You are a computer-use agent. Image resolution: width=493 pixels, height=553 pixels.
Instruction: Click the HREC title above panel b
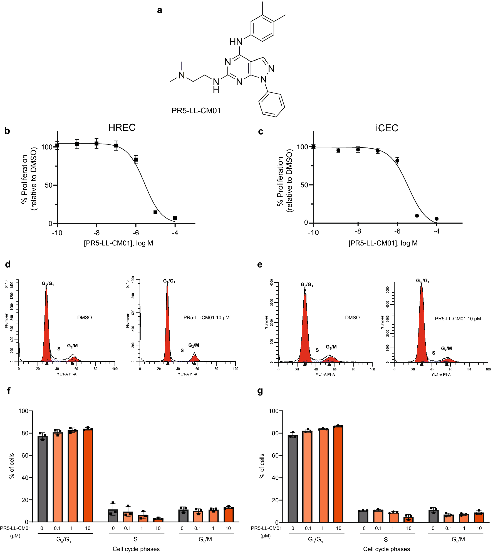coord(122,127)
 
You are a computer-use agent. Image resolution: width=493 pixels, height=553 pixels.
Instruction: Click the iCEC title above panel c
coord(387,128)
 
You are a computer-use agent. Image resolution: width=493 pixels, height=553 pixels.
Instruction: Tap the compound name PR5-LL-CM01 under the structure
coord(196,111)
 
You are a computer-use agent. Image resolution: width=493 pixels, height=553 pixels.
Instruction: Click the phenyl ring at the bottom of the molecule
coord(272,104)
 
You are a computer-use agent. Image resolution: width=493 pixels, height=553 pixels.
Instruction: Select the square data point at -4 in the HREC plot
coord(175,218)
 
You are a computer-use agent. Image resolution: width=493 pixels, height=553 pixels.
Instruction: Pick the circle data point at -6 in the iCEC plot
coord(397,161)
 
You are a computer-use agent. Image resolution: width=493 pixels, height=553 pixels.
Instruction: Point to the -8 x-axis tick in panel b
coord(96,233)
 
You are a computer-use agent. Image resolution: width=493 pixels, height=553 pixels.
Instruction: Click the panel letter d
coord(8,264)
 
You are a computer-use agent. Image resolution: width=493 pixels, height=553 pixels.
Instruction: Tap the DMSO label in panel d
coord(85,318)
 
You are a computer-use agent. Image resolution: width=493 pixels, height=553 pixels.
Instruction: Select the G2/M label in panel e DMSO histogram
coord(331,347)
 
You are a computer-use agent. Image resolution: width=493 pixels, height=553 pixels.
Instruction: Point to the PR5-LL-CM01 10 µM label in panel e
coord(458,319)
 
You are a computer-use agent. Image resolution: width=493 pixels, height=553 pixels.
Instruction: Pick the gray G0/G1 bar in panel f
coord(43,479)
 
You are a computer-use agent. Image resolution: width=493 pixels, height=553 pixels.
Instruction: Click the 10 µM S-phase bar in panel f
coord(158,520)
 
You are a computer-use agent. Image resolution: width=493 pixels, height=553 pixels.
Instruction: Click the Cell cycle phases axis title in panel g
coord(387,549)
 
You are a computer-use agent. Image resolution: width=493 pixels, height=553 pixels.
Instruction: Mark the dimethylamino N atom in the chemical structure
coord(182,75)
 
